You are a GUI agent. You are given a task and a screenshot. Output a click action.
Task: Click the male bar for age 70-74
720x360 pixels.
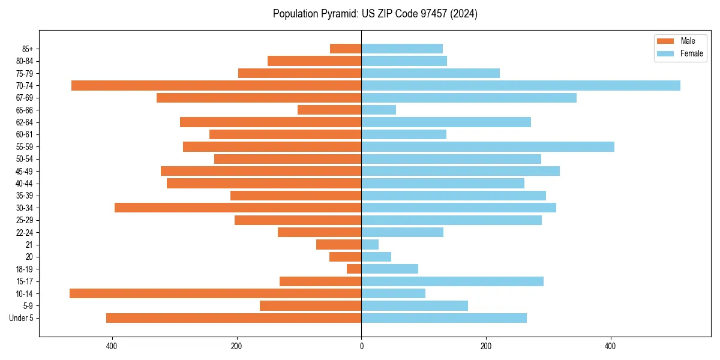(x=216, y=85)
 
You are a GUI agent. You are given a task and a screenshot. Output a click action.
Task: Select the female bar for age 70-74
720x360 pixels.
(x=521, y=85)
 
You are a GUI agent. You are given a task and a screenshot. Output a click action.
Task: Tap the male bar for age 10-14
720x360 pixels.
(x=215, y=293)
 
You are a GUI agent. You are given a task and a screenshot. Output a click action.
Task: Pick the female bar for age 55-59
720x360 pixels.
(x=488, y=146)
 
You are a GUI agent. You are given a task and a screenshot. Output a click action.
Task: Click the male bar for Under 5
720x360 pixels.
(x=233, y=318)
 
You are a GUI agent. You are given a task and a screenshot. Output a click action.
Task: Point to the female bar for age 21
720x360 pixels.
(x=370, y=244)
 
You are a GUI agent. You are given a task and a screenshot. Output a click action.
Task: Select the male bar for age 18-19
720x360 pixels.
(x=354, y=269)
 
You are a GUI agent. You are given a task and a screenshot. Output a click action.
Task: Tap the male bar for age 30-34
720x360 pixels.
(x=238, y=208)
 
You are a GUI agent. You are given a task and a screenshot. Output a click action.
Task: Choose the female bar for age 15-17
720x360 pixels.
(x=452, y=281)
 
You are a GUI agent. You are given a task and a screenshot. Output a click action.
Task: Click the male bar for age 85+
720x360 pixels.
(x=346, y=49)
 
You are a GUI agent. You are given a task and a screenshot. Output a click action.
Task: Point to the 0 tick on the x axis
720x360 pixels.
(x=361, y=346)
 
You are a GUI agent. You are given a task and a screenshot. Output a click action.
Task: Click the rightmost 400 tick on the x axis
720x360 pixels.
(x=611, y=346)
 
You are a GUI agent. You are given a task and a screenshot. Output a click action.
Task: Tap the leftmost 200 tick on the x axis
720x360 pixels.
(x=236, y=346)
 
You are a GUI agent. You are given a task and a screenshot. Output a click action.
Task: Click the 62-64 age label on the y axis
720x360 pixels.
(x=25, y=122)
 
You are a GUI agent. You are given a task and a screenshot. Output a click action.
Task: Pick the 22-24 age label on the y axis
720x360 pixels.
(x=25, y=232)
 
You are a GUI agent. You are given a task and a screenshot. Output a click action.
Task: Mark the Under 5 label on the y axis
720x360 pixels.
(x=22, y=318)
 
